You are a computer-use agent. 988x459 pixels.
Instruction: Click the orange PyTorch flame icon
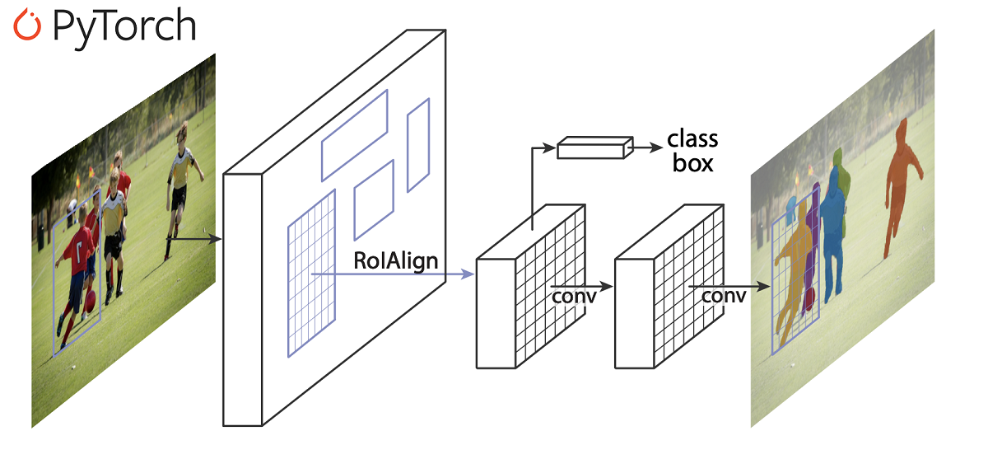pos(27,26)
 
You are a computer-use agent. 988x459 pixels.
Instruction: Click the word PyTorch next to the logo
pos(123,27)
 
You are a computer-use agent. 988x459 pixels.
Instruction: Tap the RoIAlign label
pos(396,261)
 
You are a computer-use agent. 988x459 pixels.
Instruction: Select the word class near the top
pos(692,138)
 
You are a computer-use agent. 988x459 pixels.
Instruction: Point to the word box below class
pos(692,162)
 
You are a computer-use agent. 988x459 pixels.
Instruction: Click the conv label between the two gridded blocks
pos(574,295)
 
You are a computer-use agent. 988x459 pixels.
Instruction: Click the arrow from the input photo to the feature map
pos(194,239)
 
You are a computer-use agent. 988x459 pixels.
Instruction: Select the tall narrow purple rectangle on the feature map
pos(418,144)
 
